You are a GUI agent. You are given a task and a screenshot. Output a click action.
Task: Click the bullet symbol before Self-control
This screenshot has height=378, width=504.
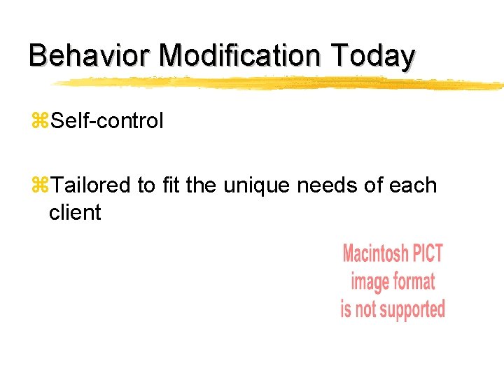[38, 122]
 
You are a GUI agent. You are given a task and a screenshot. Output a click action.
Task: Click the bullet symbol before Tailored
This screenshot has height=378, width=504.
[38, 186]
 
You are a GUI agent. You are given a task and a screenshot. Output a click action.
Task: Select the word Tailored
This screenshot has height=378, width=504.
[91, 185]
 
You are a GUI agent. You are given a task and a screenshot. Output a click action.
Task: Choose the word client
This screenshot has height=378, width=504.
[75, 212]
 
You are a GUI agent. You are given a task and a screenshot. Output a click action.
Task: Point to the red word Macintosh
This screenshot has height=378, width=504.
[375, 253]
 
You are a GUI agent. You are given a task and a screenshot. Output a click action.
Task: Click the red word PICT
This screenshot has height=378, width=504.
[427, 253]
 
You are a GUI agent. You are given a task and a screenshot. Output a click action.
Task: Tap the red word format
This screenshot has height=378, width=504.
[413, 281]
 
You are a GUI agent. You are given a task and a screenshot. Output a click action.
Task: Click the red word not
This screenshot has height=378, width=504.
[367, 309]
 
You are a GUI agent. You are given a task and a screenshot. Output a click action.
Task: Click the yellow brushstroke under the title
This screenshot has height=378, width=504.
[280, 83]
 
